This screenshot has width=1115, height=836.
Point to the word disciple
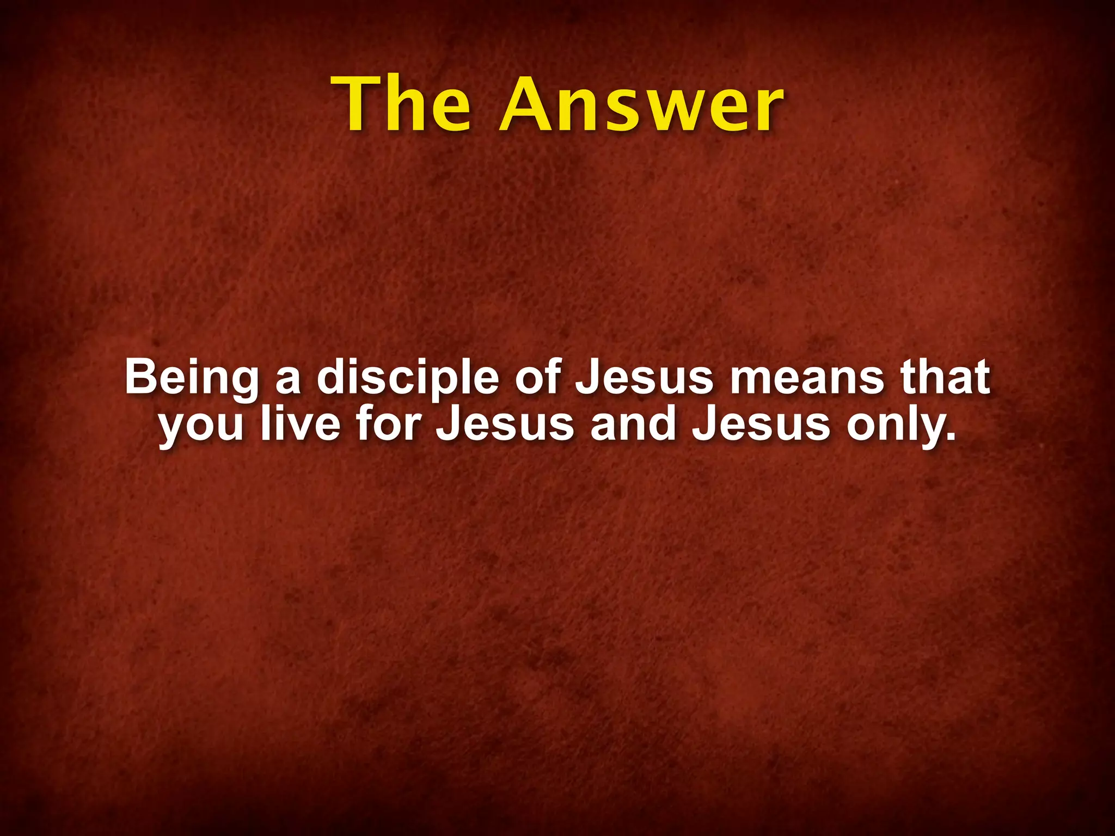point(408,378)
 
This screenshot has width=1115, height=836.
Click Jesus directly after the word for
point(505,424)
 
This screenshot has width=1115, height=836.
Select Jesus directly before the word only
point(761,424)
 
